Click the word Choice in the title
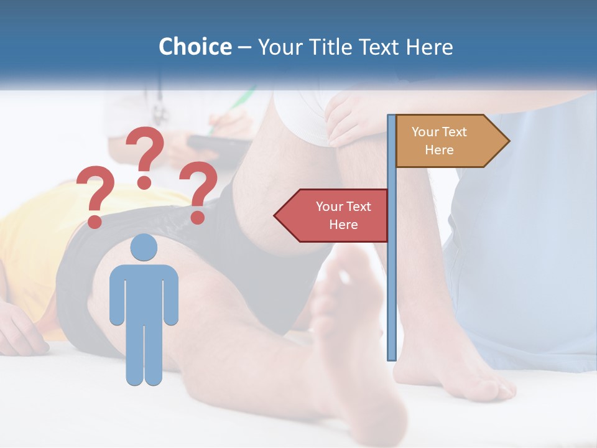(x=195, y=47)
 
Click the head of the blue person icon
(x=144, y=247)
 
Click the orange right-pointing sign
(x=445, y=141)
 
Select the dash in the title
(x=244, y=47)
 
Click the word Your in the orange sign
(x=425, y=132)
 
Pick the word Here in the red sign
(x=343, y=224)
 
